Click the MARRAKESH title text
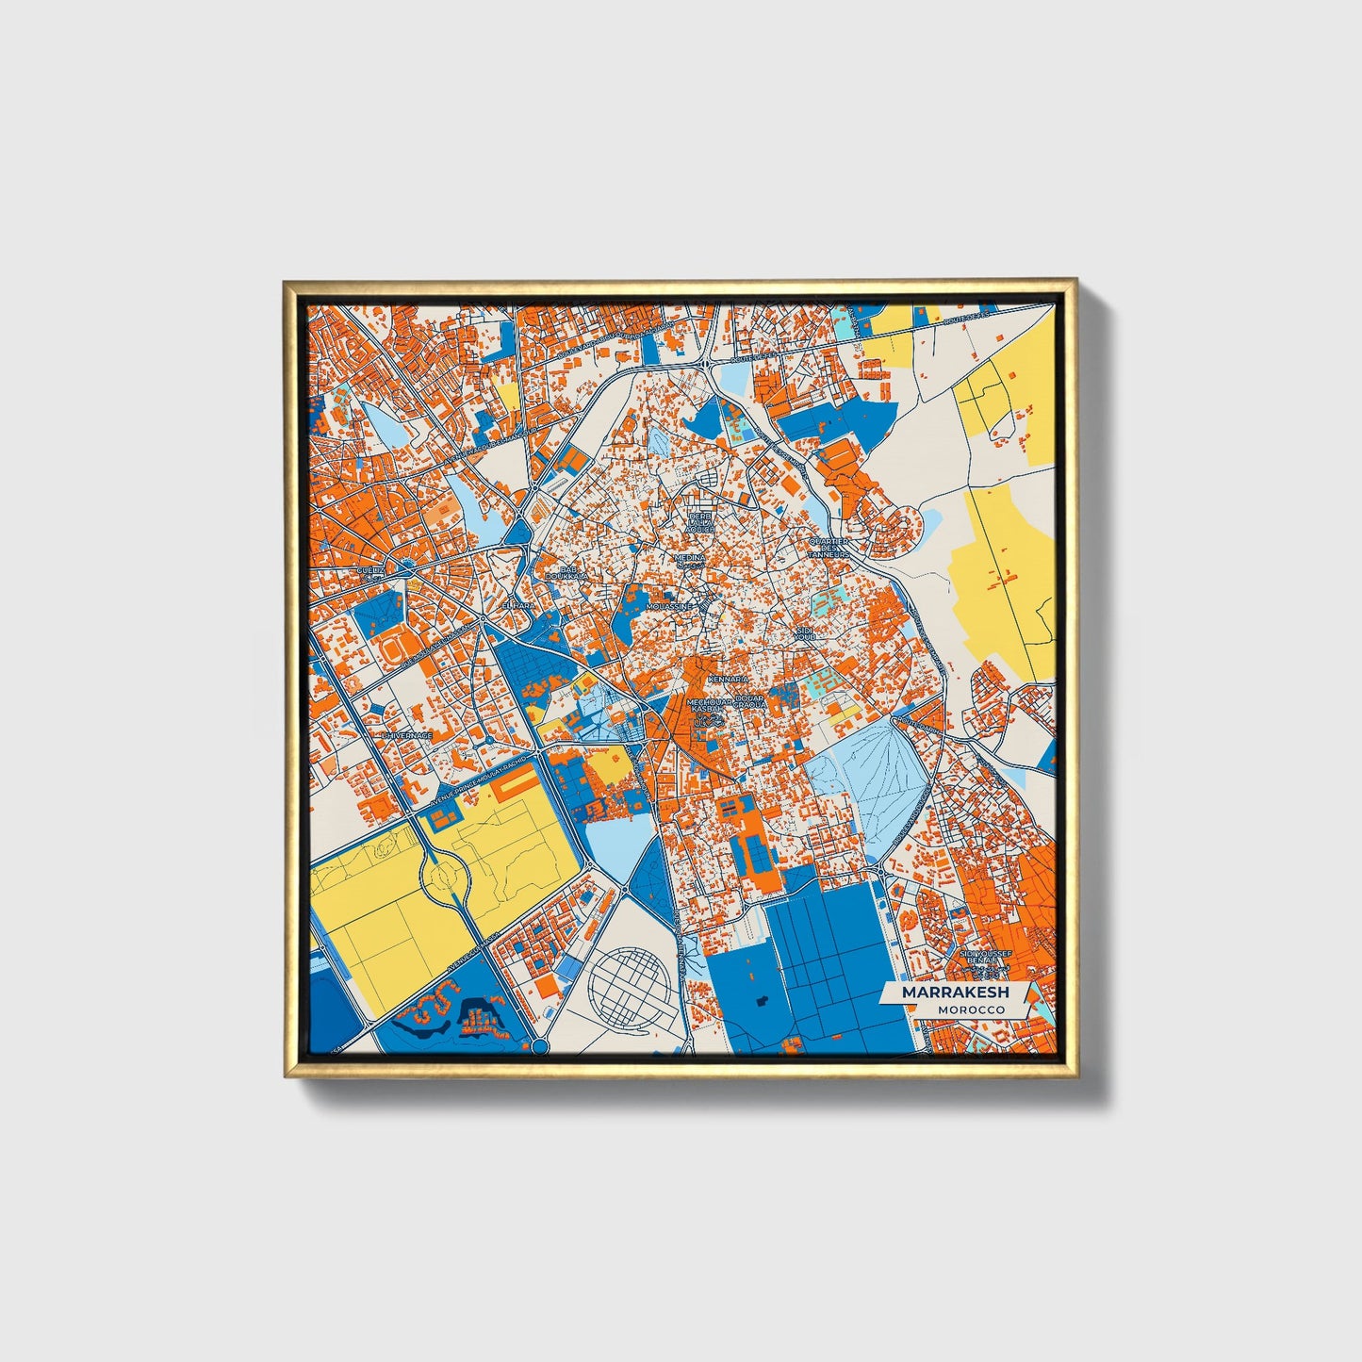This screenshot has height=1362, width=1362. pos(955,993)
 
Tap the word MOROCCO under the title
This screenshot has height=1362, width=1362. pos(971,1009)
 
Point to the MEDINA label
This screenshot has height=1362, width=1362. pos(689,558)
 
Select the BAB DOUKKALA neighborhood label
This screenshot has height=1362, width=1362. pos(572,573)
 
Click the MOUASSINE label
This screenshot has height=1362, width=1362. pos(668,607)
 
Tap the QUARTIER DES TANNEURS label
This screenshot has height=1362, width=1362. pos(829,548)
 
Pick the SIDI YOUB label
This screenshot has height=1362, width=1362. pos(804,632)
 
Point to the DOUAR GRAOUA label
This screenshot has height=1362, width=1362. pos(751,702)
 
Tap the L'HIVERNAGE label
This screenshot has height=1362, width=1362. pos(407,735)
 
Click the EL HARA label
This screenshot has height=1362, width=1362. pos(517,605)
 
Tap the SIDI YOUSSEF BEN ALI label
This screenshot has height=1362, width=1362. pos(984,959)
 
